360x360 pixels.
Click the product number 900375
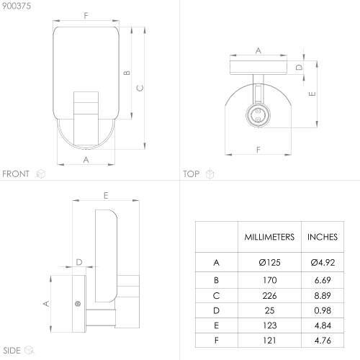click(x=17, y=6)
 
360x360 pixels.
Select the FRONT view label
click(x=16, y=174)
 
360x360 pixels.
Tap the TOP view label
click(x=192, y=174)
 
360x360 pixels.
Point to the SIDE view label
click(x=12, y=351)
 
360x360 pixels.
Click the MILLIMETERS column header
click(x=269, y=237)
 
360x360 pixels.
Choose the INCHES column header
click(x=323, y=237)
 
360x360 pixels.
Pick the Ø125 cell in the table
click(x=269, y=263)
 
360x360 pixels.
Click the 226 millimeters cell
click(x=269, y=296)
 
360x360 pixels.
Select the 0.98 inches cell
click(x=323, y=310)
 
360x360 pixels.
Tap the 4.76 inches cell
click(x=323, y=341)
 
